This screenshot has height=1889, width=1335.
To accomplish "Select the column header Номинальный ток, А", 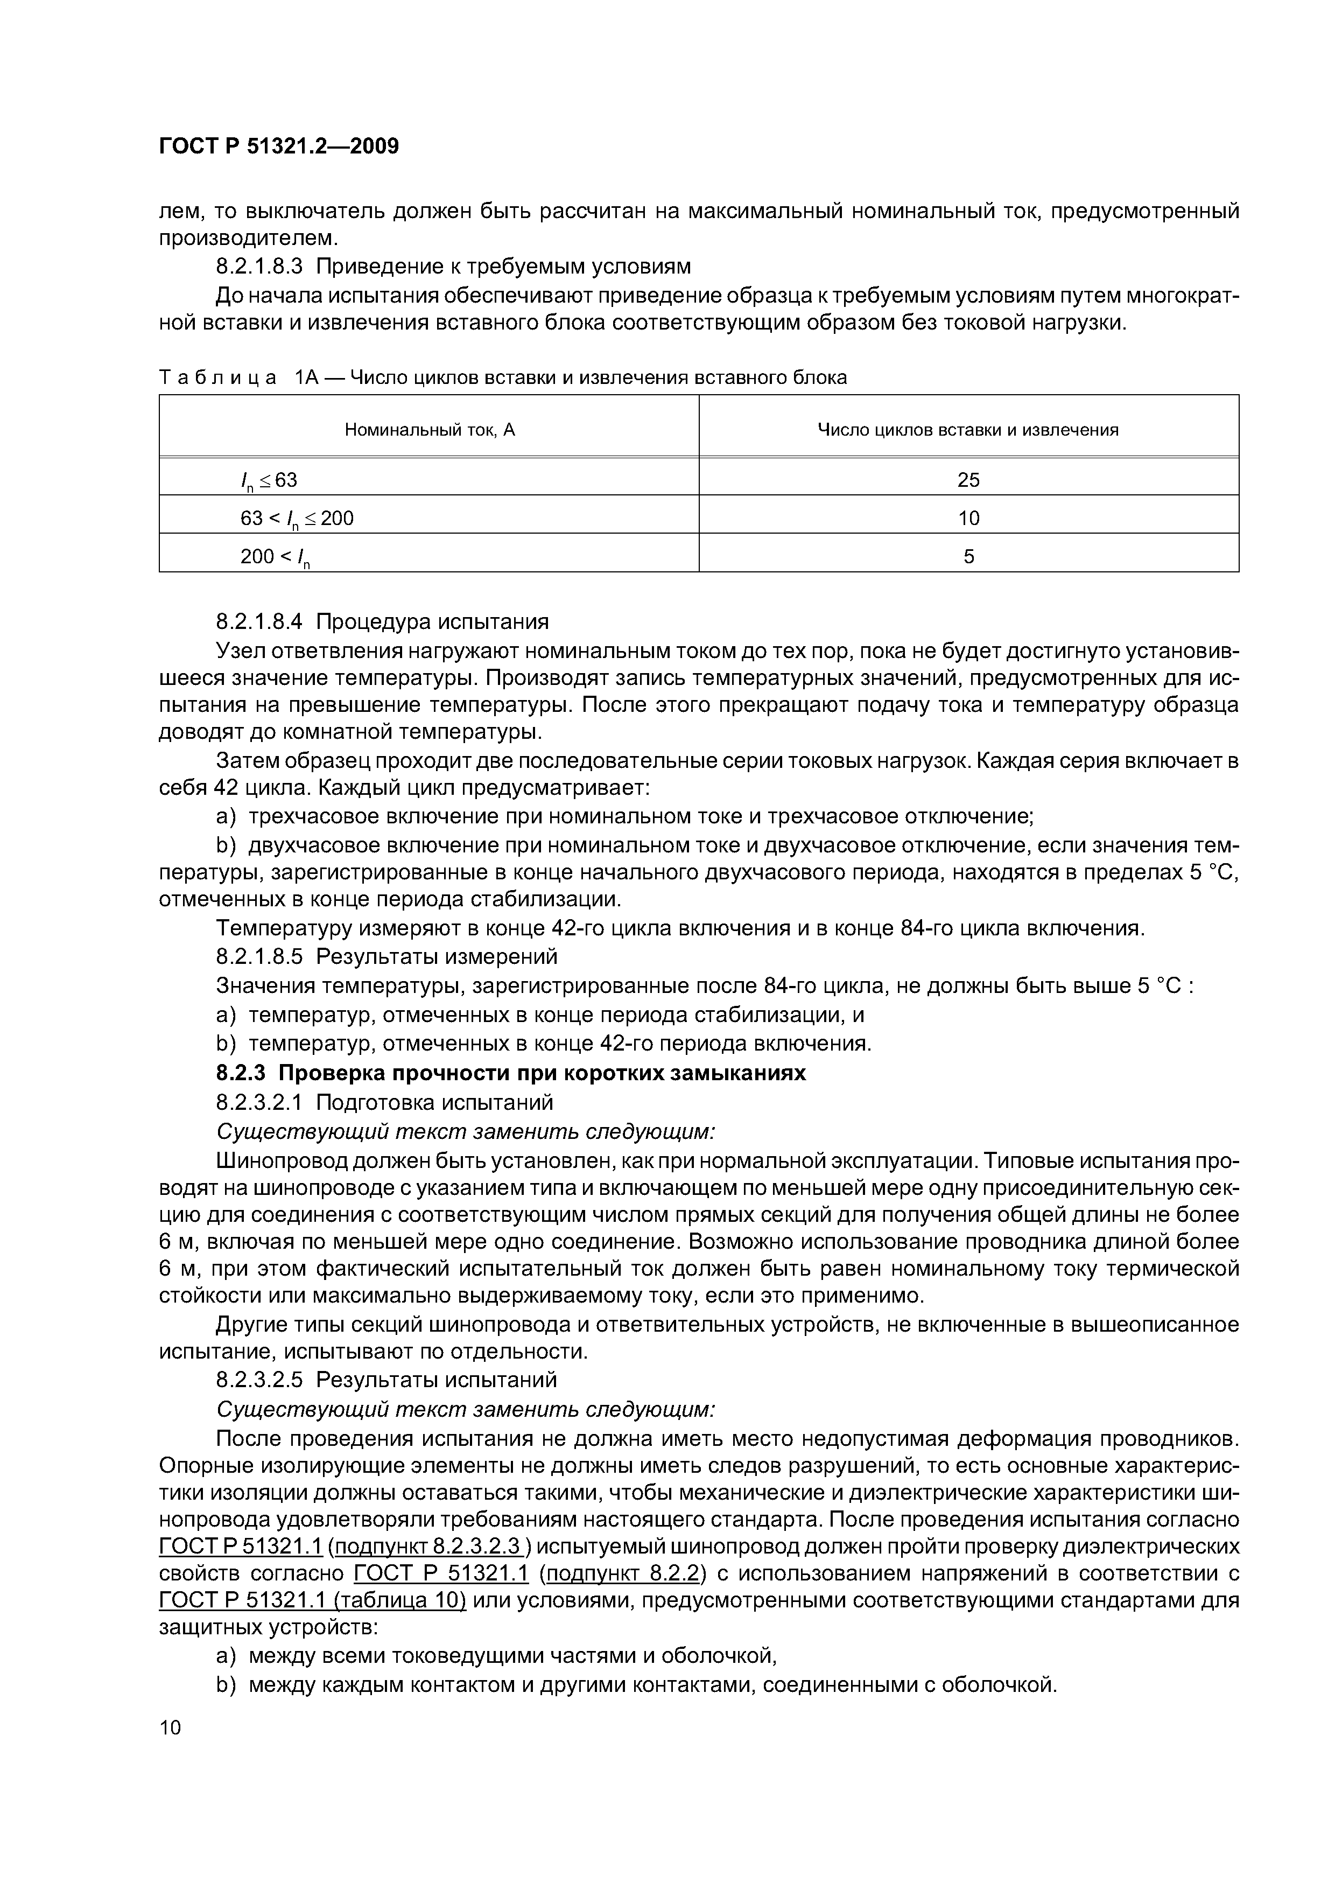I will pos(430,430).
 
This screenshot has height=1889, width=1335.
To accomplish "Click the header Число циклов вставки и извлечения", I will pos(968,430).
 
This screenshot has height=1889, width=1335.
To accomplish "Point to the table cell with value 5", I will pos(968,557).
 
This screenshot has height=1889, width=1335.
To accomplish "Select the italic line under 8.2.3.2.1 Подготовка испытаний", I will pos(466,1131).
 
